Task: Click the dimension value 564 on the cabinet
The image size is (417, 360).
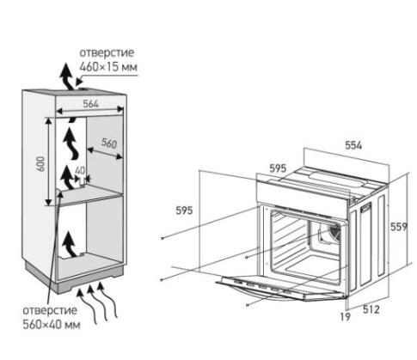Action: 90,103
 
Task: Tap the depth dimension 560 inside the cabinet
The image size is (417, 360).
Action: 109,143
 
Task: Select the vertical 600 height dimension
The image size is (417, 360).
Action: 41,163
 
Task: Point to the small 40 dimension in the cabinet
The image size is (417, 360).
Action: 80,171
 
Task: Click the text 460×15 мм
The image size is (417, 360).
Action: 108,67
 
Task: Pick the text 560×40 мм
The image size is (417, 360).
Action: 52,325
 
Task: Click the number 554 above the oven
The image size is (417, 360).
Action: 353,145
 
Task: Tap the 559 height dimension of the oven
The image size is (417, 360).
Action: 399,227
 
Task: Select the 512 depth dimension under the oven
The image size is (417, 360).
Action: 371,309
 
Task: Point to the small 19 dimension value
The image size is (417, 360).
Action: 346,317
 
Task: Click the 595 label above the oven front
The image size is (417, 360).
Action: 278,168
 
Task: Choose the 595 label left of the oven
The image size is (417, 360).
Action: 184,211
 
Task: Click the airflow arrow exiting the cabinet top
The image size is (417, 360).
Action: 67,76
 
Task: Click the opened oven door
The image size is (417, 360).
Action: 282,288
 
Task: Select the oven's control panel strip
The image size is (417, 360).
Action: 303,193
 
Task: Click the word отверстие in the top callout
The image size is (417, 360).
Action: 107,52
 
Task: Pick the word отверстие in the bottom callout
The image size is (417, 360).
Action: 50,310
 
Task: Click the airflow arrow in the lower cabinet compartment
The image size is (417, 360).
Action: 70,244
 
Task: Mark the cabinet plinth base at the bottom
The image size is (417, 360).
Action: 75,279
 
